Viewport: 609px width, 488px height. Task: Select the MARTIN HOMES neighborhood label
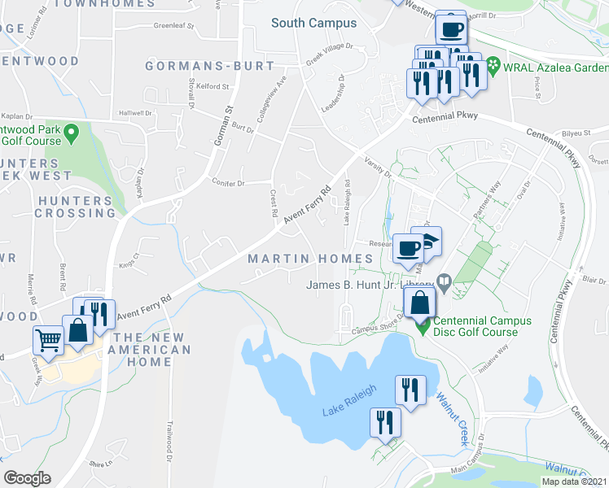[x=310, y=259]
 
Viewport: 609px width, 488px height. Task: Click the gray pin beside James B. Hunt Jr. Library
[x=444, y=284]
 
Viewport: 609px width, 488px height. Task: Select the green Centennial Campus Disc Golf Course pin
[x=423, y=327]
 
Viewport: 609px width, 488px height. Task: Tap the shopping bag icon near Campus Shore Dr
[x=418, y=303]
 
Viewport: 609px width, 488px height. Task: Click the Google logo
[x=27, y=478]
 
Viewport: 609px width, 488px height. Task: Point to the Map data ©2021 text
[x=575, y=481]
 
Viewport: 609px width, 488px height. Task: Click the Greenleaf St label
[x=173, y=26]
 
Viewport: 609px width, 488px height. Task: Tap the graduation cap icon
[x=429, y=237]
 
